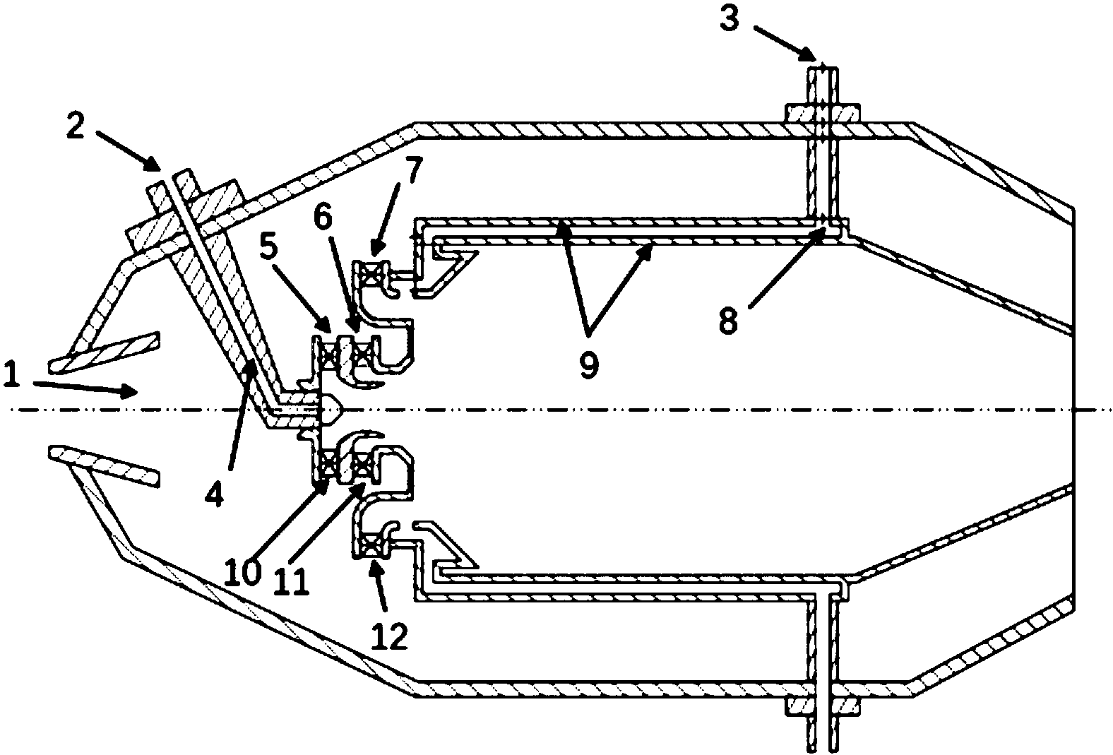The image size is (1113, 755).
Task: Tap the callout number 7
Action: click(413, 170)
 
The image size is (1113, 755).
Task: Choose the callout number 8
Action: click(729, 320)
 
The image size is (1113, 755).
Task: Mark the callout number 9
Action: click(589, 364)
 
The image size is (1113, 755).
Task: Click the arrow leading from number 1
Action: click(85, 388)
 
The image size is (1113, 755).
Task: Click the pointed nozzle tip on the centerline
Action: click(333, 410)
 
